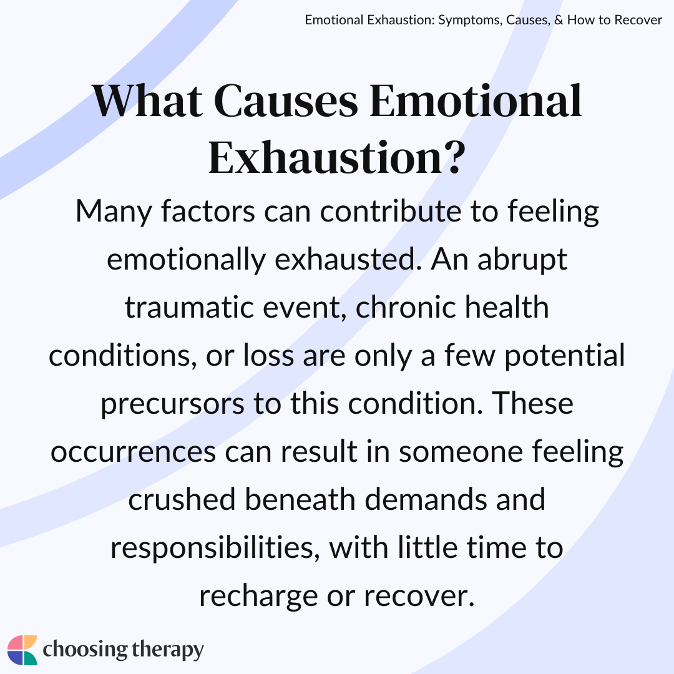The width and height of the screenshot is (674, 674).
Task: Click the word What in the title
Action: click(147, 101)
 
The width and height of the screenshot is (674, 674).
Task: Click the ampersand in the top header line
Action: click(559, 20)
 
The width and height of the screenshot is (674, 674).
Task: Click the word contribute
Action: click(390, 212)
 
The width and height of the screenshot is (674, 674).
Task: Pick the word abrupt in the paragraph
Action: click(522, 260)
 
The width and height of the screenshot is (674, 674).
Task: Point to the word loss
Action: click(268, 356)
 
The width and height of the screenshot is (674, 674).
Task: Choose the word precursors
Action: click(172, 404)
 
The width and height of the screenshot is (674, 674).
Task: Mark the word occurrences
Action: click(134, 452)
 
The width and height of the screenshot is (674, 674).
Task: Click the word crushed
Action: click(182, 500)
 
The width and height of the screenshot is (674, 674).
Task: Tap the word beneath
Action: click(300, 500)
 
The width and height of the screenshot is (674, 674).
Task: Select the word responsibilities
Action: click(215, 549)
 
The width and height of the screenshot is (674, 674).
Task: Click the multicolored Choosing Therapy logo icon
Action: click(22, 650)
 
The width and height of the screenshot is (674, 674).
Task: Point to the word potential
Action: click(564, 356)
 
